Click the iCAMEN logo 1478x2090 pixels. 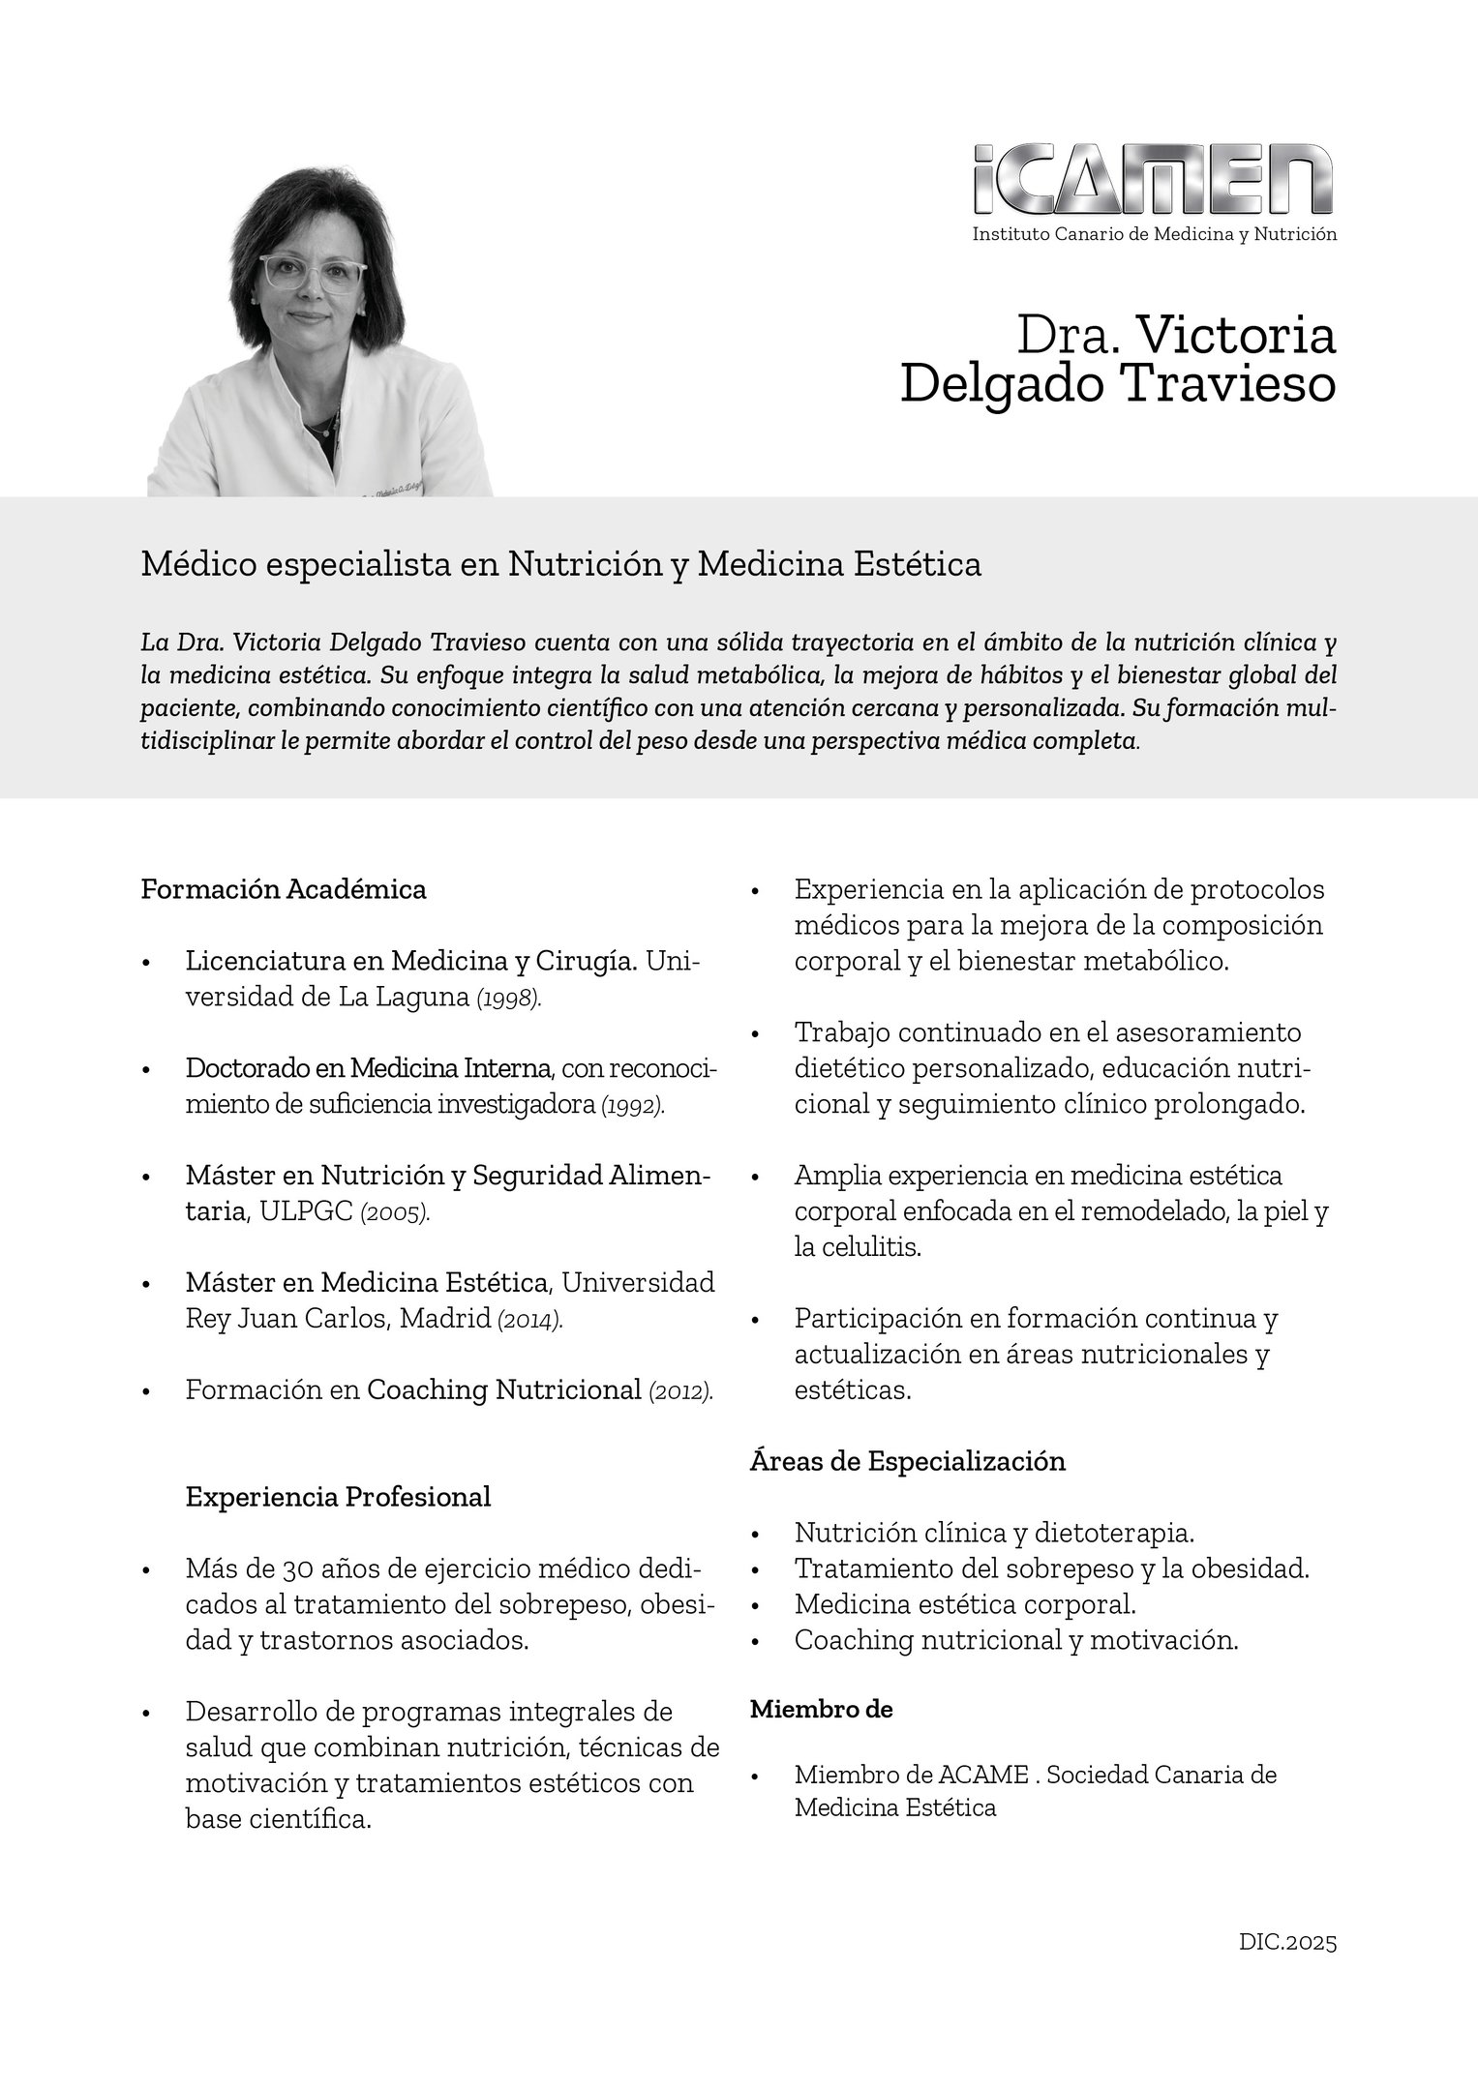[x=1153, y=180]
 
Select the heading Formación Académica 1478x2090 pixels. [x=284, y=889]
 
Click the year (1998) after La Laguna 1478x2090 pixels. [x=509, y=999]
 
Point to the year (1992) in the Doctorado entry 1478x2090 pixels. [x=633, y=1105]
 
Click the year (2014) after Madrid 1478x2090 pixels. [x=528, y=1320]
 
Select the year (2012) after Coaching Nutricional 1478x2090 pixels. [x=681, y=1391]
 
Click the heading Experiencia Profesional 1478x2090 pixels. [x=338, y=1497]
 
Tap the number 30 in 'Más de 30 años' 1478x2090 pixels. [x=298, y=1568]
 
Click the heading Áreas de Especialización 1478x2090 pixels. [x=907, y=1461]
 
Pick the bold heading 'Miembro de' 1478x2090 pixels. [x=821, y=1710]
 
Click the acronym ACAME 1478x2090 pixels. [x=983, y=1775]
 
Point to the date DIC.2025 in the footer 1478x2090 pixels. [x=1287, y=1942]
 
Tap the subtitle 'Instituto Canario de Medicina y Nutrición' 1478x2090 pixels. [x=1154, y=234]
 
